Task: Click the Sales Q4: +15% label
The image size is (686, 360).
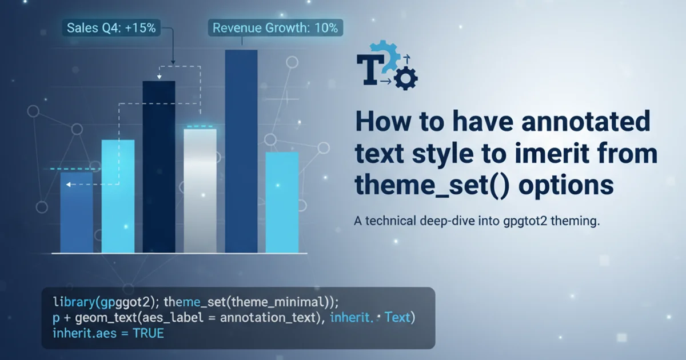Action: pyautogui.click(x=111, y=28)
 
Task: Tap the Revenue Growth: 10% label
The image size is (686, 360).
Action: pyautogui.click(x=276, y=28)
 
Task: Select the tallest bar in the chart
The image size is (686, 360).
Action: pyautogui.click(x=241, y=151)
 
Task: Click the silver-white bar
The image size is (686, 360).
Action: pyautogui.click(x=200, y=191)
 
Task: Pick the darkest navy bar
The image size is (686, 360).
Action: pyautogui.click(x=159, y=167)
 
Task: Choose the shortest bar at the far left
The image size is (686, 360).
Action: pyautogui.click(x=77, y=213)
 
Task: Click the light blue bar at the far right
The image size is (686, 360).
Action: pyautogui.click(x=282, y=202)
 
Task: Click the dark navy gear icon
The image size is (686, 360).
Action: pyautogui.click(x=406, y=79)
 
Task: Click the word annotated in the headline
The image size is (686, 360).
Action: pyautogui.click(x=585, y=122)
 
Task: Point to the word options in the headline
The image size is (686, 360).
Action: pyautogui.click(x=566, y=186)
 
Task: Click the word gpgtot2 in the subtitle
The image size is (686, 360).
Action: pyautogui.click(x=525, y=221)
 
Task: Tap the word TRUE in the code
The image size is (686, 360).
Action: pyautogui.click(x=149, y=333)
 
